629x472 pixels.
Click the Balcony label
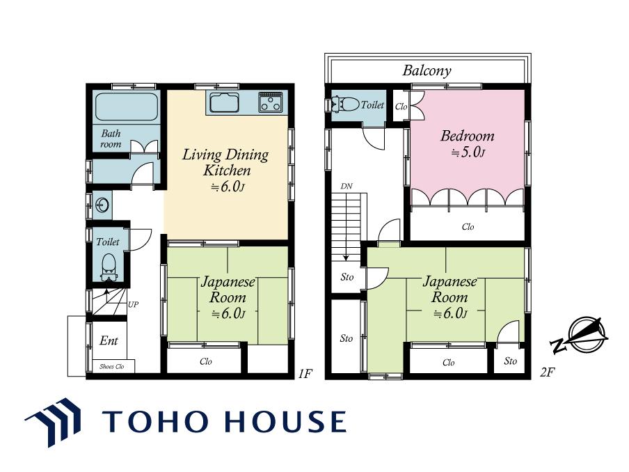[427, 70]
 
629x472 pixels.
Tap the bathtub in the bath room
[126, 107]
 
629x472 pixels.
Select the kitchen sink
[224, 103]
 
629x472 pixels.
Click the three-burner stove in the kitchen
[271, 102]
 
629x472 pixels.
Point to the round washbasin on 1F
[103, 205]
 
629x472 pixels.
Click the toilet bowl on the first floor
[109, 267]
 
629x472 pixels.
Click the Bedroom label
[468, 136]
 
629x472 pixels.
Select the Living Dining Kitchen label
[225, 162]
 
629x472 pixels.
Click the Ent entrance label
[109, 340]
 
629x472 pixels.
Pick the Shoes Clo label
[112, 366]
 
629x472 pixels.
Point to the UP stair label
[133, 304]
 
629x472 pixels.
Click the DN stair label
[347, 187]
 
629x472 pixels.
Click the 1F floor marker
[305, 374]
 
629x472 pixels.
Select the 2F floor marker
[547, 372]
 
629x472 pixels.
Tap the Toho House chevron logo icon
[54, 422]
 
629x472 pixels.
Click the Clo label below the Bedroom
[468, 227]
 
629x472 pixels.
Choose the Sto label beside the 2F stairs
[347, 277]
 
